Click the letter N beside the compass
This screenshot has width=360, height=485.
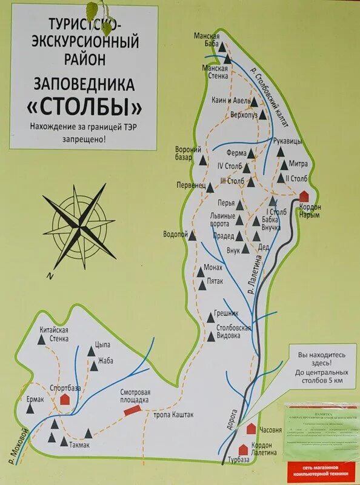50,276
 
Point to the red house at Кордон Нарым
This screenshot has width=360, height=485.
304,196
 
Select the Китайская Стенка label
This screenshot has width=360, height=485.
54,333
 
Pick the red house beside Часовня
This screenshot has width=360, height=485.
251,429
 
